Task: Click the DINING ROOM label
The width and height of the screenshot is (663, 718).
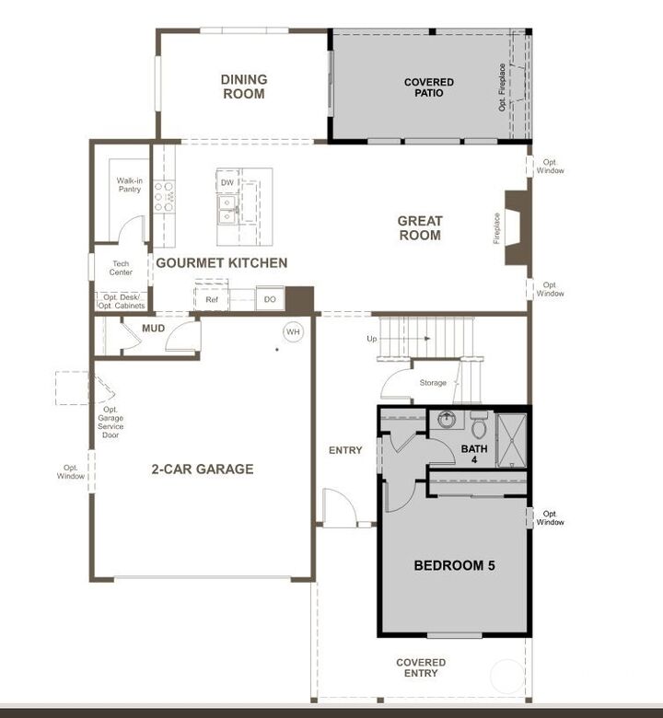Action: tap(243, 87)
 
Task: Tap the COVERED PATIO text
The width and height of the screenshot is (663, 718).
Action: tap(429, 87)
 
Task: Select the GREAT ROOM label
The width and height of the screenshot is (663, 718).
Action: tap(420, 228)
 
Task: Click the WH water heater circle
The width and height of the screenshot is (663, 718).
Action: tap(293, 331)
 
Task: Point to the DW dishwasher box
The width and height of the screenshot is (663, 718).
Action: tap(227, 183)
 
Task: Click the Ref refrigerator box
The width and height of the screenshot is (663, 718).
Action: tap(212, 299)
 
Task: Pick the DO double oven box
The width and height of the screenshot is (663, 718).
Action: tap(270, 299)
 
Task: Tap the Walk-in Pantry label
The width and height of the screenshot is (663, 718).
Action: tap(129, 185)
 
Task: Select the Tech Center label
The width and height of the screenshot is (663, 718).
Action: tap(121, 268)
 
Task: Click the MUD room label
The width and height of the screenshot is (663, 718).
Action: tap(153, 328)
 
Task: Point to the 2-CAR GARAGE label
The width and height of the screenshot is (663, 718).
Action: tap(202, 469)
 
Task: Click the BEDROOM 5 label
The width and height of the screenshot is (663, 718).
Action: tap(454, 565)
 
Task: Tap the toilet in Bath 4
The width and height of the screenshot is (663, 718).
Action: tap(479, 427)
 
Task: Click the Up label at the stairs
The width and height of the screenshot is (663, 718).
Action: tap(372, 339)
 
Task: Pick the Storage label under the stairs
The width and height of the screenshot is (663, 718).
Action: tap(432, 383)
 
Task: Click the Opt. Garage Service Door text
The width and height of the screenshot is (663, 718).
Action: tap(110, 418)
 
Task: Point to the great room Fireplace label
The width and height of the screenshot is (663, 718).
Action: tap(497, 228)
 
